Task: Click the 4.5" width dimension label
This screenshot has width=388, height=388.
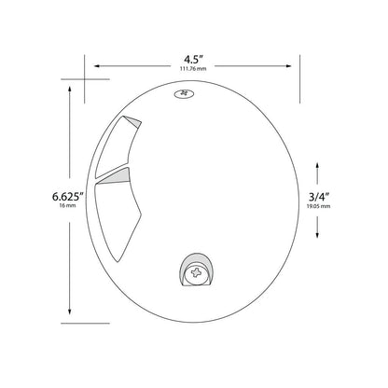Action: tap(193, 59)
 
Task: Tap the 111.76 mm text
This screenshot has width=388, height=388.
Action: tap(193, 69)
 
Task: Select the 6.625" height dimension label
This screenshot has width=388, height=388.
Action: tap(68, 197)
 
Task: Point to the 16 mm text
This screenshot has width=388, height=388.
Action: tap(67, 205)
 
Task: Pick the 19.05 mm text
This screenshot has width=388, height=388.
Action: tap(319, 206)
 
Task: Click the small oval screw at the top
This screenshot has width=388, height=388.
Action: tap(184, 93)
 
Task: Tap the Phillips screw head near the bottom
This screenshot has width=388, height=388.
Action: tap(196, 273)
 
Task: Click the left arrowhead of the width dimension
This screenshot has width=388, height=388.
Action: tap(97, 66)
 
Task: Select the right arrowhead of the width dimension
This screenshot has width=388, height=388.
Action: tap(289, 66)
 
